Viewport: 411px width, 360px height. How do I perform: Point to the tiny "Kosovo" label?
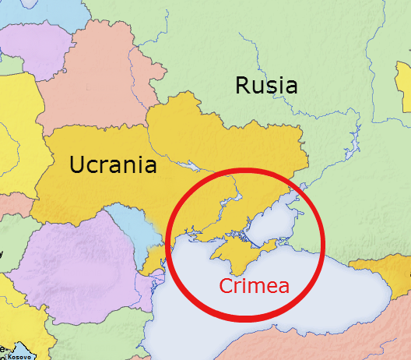(x=20, y=356)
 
